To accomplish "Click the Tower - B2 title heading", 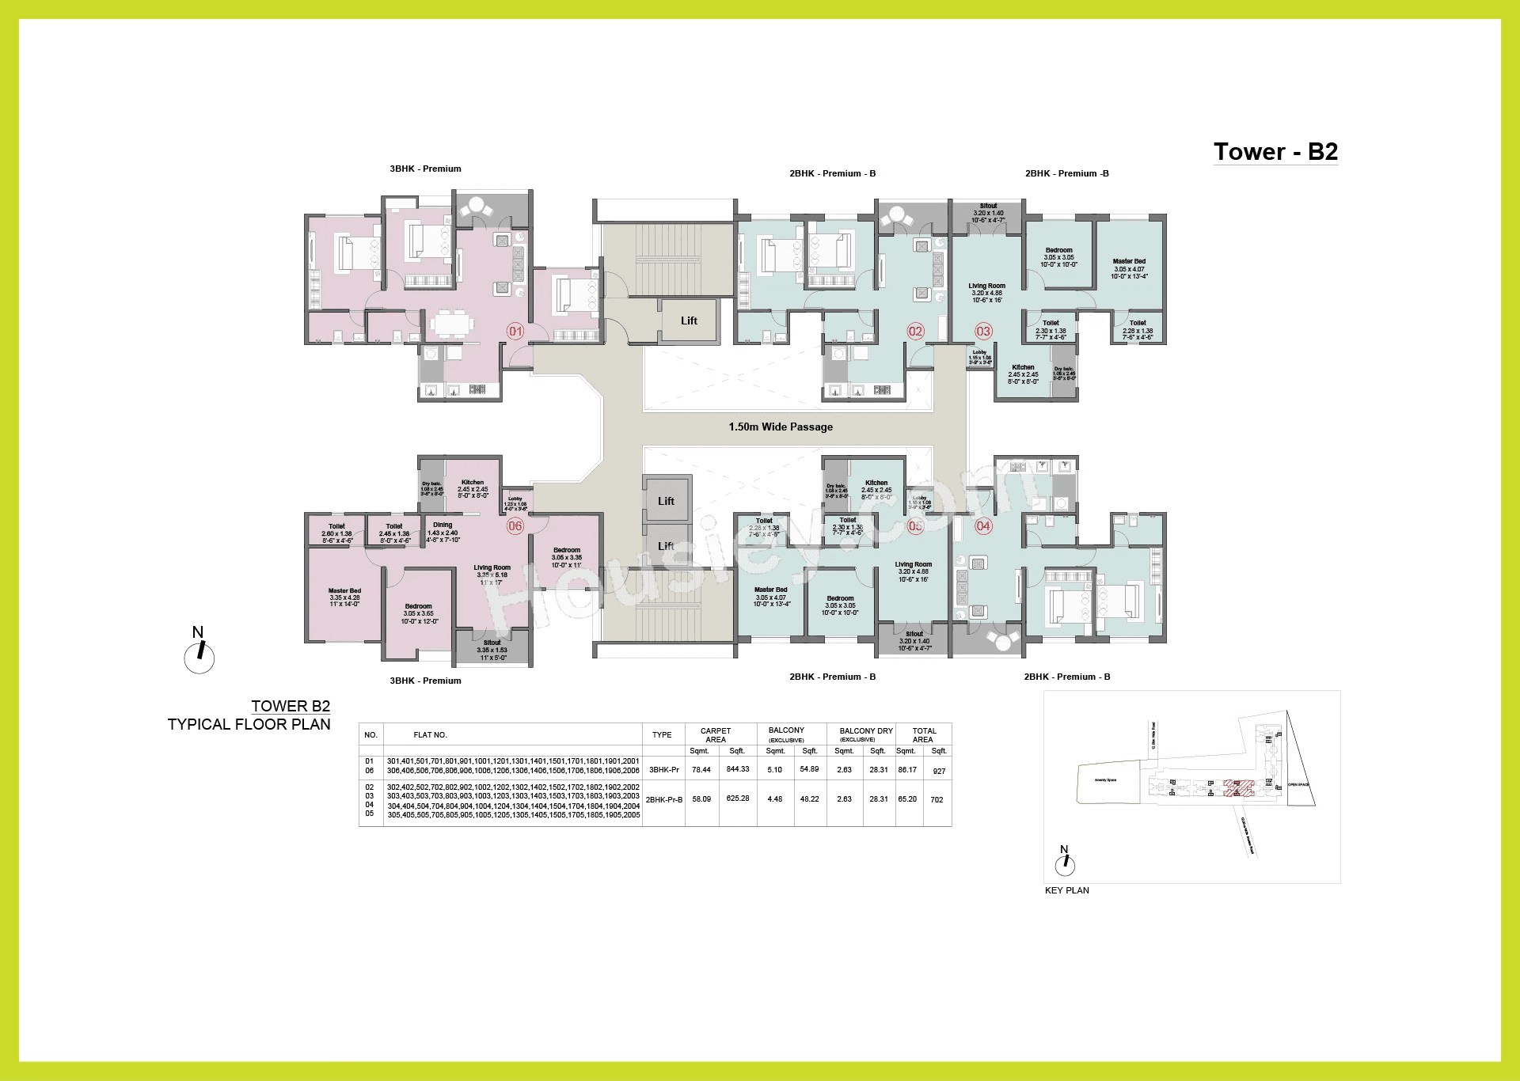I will (1275, 151).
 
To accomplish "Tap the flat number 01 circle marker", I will (515, 331).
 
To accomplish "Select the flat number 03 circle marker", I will (983, 331).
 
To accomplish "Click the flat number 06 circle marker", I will (515, 525).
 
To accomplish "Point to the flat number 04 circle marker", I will (983, 525).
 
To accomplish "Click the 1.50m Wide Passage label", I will (781, 427).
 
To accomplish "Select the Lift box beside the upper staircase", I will (689, 321).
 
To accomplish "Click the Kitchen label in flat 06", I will (473, 483).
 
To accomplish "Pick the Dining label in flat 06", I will (443, 525).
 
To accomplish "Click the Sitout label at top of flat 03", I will (988, 206).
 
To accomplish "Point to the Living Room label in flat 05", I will (913, 565).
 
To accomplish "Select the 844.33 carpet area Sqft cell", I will (738, 769).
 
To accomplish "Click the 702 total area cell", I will (937, 799).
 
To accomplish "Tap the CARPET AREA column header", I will (716, 735).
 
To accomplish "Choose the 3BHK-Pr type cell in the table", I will (663, 769).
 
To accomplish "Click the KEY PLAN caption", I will (1066, 890).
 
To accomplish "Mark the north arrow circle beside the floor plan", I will (199, 657).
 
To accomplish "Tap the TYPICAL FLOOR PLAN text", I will (249, 724).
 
